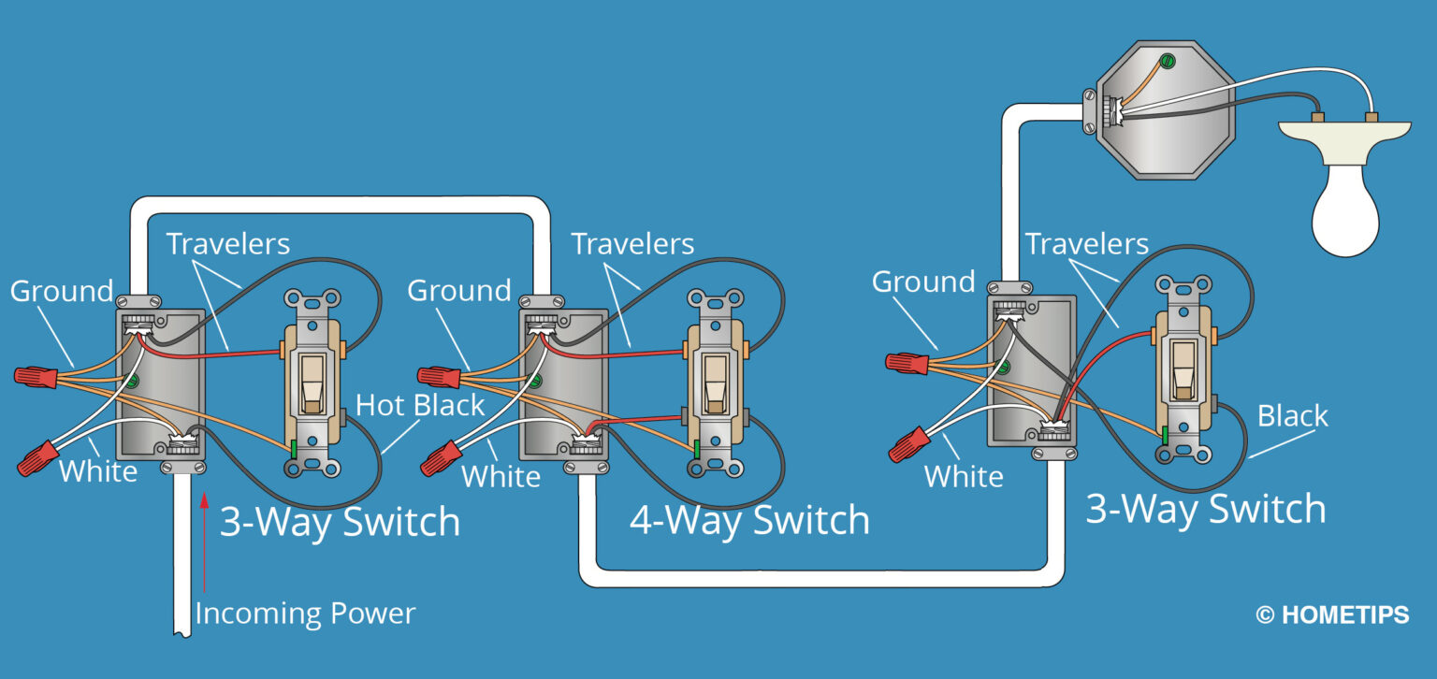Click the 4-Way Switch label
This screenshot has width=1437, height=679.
[748, 520]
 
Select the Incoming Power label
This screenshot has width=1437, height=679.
[305, 614]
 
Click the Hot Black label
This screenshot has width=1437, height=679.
[420, 405]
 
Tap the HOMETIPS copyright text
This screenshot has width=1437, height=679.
[1331, 615]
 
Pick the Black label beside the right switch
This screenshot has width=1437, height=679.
[1292, 415]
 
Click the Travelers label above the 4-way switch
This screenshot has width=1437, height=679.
[632, 244]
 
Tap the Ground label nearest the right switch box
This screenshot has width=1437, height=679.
[922, 282]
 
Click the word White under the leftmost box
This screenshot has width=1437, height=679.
[98, 471]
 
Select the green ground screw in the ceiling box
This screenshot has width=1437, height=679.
[1167, 63]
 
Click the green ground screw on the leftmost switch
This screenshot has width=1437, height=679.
[294, 448]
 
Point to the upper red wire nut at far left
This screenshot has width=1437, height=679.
[36, 376]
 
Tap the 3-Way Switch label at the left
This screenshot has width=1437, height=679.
[340, 522]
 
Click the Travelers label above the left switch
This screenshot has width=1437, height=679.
[227, 244]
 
